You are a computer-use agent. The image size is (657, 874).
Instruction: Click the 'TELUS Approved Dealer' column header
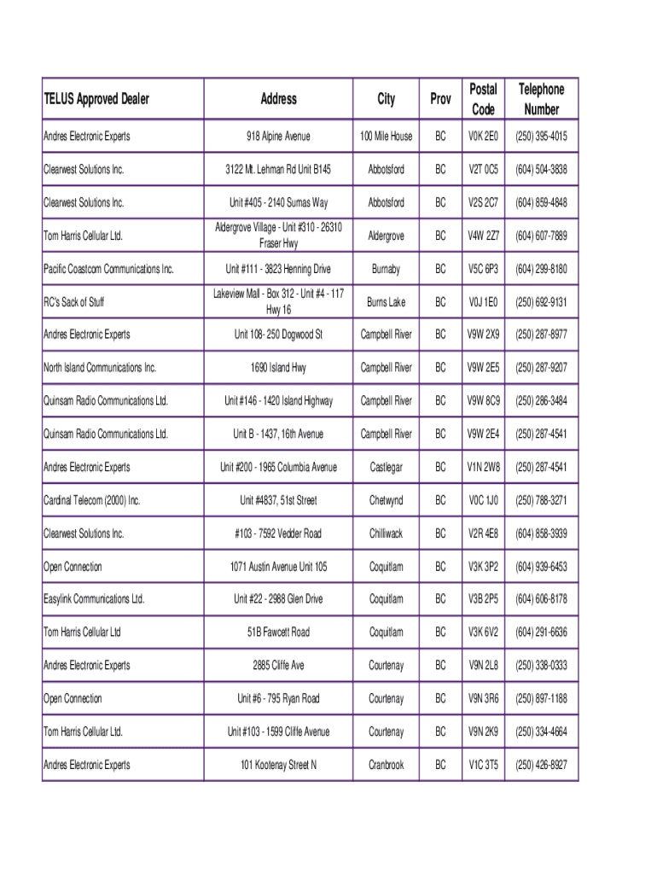point(96,99)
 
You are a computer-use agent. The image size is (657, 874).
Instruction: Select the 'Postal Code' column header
point(483,99)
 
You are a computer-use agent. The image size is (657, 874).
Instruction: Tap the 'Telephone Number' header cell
point(542,99)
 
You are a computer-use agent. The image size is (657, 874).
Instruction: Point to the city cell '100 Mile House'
point(386,137)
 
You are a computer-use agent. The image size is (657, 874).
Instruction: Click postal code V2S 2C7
point(483,203)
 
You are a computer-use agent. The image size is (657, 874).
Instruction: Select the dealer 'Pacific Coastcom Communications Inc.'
point(108,269)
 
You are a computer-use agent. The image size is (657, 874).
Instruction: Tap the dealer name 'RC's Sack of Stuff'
point(73,302)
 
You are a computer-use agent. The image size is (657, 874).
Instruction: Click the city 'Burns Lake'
point(386,302)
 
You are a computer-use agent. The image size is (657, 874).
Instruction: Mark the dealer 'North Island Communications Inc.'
point(100,368)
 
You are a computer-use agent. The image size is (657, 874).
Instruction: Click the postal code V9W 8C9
point(483,401)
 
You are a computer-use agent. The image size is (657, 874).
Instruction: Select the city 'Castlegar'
point(386,467)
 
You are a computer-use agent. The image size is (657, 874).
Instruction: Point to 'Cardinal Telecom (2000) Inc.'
point(91,500)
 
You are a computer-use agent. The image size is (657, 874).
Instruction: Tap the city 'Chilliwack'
point(386,533)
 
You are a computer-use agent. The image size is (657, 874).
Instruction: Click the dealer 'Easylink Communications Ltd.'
point(94,599)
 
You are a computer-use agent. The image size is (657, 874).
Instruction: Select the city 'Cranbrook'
point(386,765)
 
